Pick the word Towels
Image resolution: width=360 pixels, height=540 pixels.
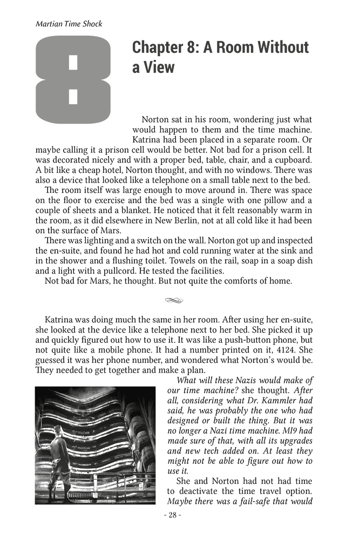[x=172, y=261]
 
